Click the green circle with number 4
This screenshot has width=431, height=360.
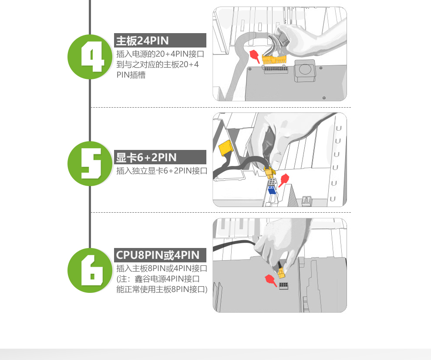pos(90,57)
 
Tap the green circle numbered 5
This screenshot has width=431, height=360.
pos(90,163)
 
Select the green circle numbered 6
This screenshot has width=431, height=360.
pos(90,270)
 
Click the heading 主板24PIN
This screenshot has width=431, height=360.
pos(142,41)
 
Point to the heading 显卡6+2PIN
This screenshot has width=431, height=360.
pos(146,157)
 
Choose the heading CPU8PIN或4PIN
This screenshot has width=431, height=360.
pos(158,255)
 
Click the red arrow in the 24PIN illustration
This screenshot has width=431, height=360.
pos(255,56)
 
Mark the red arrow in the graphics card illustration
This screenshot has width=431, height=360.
pos(284,180)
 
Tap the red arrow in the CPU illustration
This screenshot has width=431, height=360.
pos(271,280)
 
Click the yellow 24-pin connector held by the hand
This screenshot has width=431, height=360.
pos(274,59)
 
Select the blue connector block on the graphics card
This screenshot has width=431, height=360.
pos(272,190)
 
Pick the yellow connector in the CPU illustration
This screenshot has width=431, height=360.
pos(282,273)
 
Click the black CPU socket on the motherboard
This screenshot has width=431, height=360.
pos(284,285)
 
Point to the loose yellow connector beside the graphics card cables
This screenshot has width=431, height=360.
pos(226,148)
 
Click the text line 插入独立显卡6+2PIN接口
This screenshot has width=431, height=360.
pos(162,171)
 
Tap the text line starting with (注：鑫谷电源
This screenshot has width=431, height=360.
pos(158,279)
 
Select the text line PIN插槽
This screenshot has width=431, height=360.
pos(131,75)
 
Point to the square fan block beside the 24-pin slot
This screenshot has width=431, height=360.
pos(305,71)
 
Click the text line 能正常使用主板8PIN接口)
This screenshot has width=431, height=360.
pos(162,289)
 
